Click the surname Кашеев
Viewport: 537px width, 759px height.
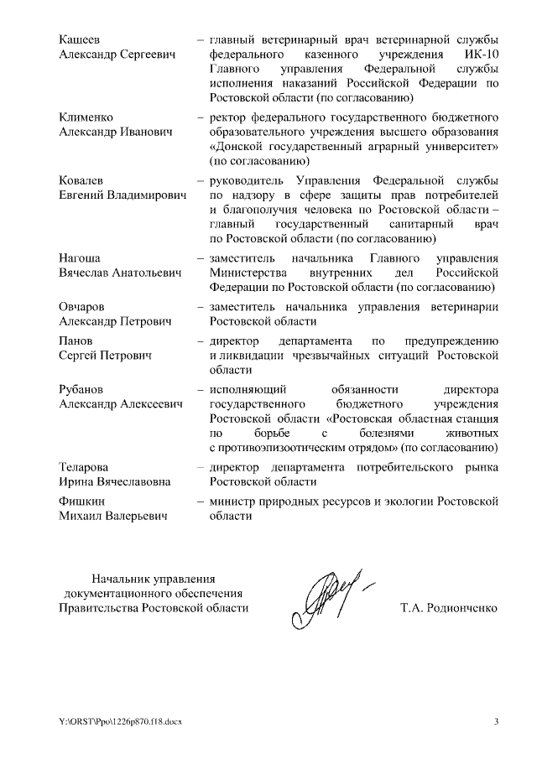click(80, 40)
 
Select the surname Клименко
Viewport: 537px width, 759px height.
click(86, 117)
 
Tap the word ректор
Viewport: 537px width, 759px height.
click(228, 117)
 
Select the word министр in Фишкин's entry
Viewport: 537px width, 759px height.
click(232, 501)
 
